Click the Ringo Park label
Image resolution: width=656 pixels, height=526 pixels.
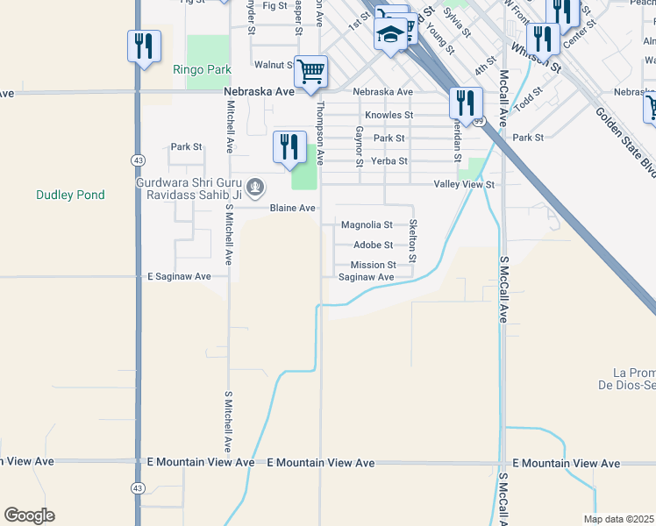[202, 69]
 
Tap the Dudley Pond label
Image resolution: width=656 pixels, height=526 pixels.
[70, 195]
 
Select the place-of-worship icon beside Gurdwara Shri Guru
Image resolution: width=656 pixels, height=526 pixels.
[255, 186]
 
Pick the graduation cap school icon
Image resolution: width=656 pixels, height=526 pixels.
[390, 35]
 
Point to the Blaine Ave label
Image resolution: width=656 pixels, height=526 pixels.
[292, 209]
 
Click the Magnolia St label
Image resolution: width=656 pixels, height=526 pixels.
[366, 225]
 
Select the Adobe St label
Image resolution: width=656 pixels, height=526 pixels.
[373, 245]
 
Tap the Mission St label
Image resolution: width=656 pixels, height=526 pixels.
[374, 265]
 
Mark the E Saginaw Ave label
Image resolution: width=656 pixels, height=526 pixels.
[179, 276]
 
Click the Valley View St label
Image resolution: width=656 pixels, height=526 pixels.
[465, 185]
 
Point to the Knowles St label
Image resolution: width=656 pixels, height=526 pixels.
[389, 115]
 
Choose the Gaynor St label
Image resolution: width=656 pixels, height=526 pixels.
[360, 145]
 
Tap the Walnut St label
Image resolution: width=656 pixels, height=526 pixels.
[274, 65]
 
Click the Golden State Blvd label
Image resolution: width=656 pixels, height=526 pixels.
[624, 140]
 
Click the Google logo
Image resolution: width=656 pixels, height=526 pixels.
[29, 515]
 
